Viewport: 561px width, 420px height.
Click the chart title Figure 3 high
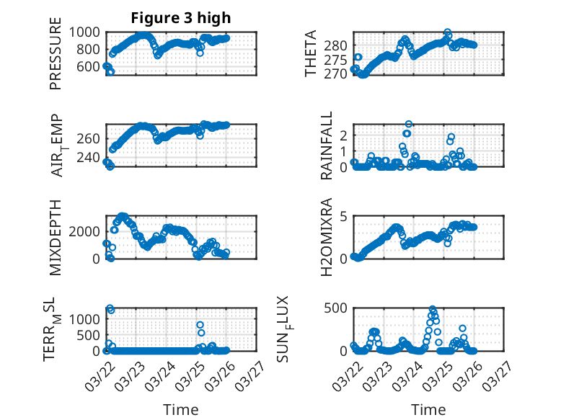tap(181, 18)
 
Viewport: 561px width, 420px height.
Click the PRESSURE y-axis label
tap(56, 58)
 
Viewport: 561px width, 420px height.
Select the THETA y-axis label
tap(311, 54)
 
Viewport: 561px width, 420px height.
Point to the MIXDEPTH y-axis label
tap(56, 237)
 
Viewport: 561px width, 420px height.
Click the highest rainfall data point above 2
tap(409, 124)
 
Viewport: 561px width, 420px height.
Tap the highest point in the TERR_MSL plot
tap(110, 308)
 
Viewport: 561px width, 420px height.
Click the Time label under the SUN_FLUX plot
tap(428, 410)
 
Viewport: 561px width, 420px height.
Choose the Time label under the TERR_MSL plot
tap(181, 410)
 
